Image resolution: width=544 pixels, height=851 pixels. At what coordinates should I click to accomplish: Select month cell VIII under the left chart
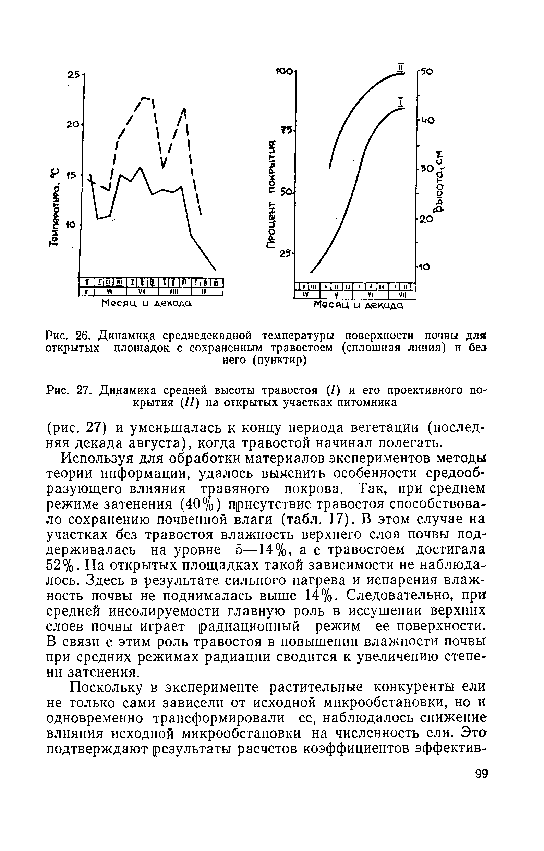174,292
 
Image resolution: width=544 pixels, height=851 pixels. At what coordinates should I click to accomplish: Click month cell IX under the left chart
206,292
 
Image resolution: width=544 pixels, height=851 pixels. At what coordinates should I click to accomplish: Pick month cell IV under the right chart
307,295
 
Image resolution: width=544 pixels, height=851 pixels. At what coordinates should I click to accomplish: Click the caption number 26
84,333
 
